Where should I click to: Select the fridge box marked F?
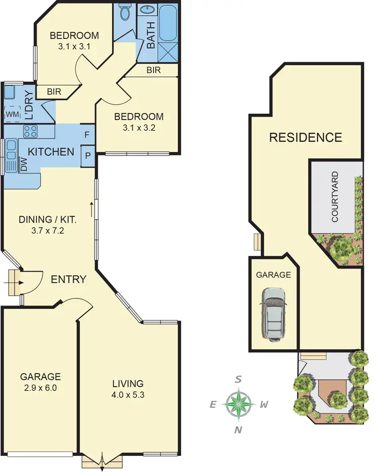87,135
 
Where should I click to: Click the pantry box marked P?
87,155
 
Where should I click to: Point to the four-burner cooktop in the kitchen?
30,131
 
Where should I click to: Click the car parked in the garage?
273,313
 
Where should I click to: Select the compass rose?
239,404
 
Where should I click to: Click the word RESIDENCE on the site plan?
305,137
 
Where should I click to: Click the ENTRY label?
68,279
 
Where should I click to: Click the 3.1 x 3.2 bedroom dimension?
138,128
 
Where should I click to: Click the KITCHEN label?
51,151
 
